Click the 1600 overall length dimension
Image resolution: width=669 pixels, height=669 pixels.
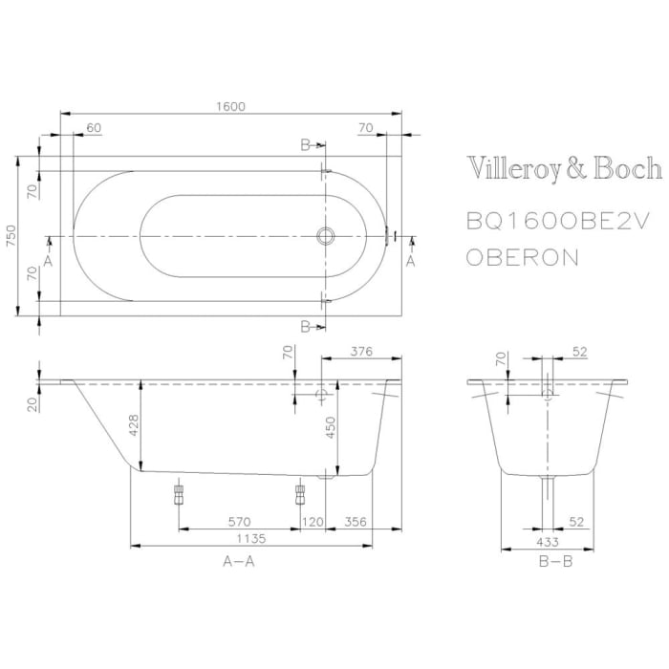[229, 106]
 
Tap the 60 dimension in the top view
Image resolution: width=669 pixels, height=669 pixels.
[94, 126]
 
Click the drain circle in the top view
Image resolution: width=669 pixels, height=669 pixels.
[326, 235]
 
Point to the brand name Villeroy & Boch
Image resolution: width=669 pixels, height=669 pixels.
[564, 169]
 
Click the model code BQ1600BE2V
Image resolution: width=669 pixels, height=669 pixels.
[558, 221]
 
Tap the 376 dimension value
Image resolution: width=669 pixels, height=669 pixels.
[359, 351]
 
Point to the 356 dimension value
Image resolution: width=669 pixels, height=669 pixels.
[355, 522]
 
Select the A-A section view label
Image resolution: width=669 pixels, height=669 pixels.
[238, 562]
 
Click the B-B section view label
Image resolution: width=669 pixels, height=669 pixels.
[555, 562]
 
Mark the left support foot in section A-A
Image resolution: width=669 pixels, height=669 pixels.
[178, 493]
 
